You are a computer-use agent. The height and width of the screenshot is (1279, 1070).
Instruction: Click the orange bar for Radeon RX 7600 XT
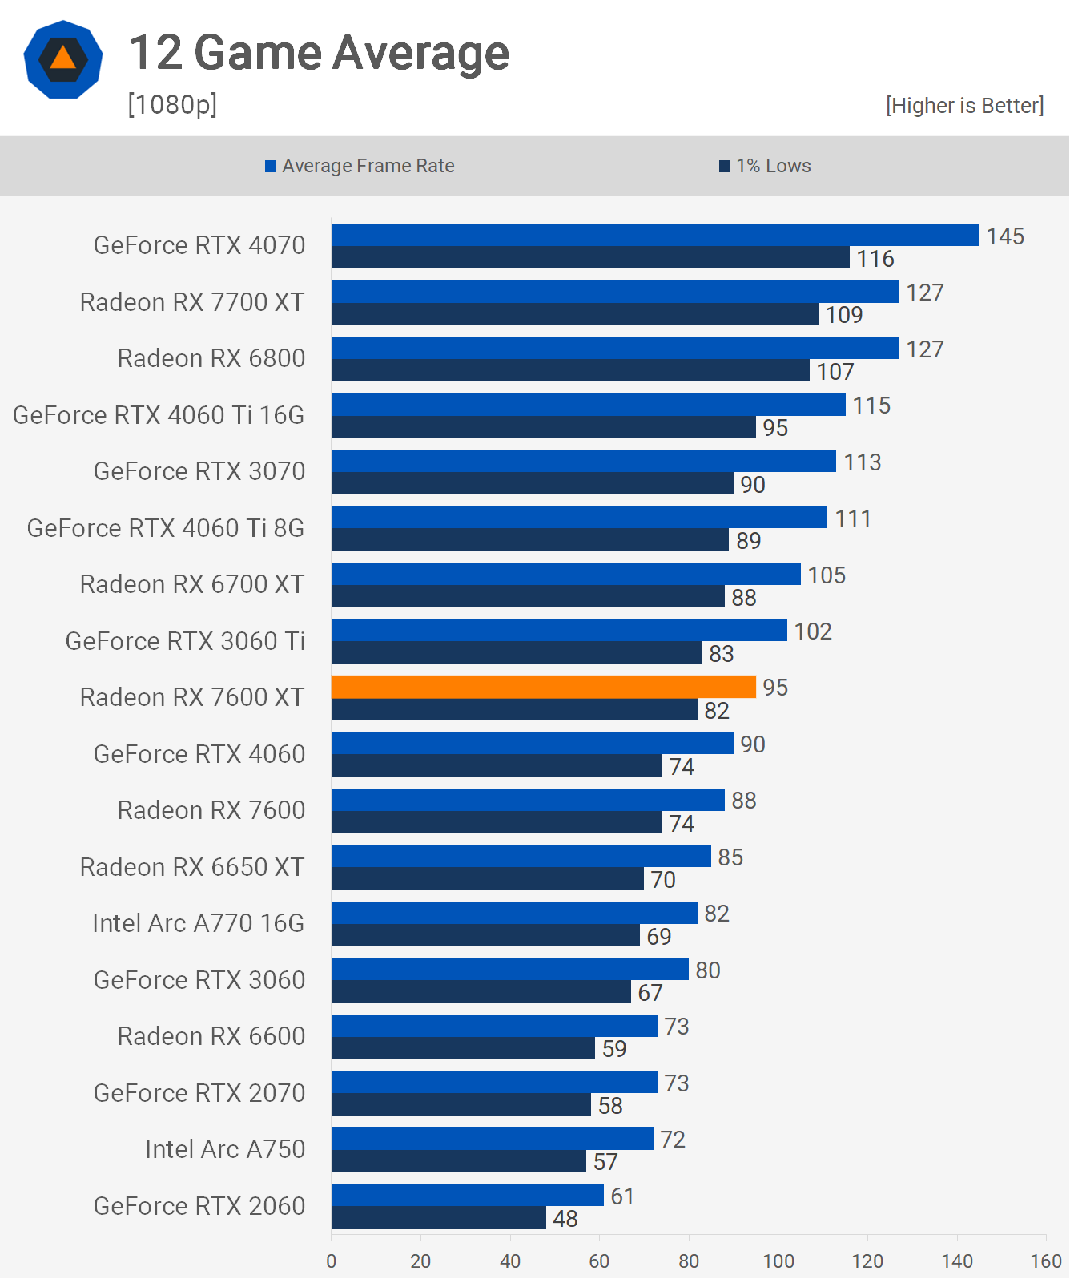click(x=543, y=687)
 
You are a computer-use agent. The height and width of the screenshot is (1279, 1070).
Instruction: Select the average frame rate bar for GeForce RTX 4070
click(x=655, y=235)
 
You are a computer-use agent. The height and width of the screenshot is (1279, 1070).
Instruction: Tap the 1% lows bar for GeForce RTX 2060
click(x=439, y=1218)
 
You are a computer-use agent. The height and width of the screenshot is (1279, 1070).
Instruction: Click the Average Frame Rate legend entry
click(x=360, y=166)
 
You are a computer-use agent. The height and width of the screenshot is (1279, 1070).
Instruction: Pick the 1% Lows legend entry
click(x=766, y=166)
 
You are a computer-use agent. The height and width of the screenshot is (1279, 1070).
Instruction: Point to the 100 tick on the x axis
click(x=778, y=1261)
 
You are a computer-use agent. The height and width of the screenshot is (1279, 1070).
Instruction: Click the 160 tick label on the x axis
click(x=1046, y=1261)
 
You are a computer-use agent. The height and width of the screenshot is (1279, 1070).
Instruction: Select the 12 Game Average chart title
click(x=319, y=53)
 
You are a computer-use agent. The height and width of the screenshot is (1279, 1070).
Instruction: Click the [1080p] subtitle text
click(x=172, y=104)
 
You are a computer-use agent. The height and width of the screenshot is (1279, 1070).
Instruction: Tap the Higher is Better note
click(x=964, y=106)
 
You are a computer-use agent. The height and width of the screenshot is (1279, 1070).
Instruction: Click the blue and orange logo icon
click(x=63, y=59)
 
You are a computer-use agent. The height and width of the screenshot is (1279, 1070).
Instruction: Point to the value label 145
click(x=1005, y=236)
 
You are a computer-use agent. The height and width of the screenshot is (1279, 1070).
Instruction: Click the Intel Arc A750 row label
click(x=225, y=1149)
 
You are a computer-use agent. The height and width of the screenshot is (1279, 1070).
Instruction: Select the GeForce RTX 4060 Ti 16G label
click(x=159, y=415)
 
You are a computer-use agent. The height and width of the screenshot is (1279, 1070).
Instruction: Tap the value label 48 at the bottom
click(x=565, y=1219)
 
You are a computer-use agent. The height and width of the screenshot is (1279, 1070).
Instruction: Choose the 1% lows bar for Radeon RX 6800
click(x=570, y=371)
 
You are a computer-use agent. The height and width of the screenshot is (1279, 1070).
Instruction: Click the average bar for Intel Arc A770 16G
click(x=514, y=913)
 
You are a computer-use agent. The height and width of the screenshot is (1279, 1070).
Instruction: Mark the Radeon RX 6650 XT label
click(x=192, y=867)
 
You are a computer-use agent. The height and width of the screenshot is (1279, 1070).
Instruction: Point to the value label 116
click(x=875, y=259)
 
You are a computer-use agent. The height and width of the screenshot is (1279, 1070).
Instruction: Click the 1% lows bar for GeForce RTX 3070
click(x=533, y=484)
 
